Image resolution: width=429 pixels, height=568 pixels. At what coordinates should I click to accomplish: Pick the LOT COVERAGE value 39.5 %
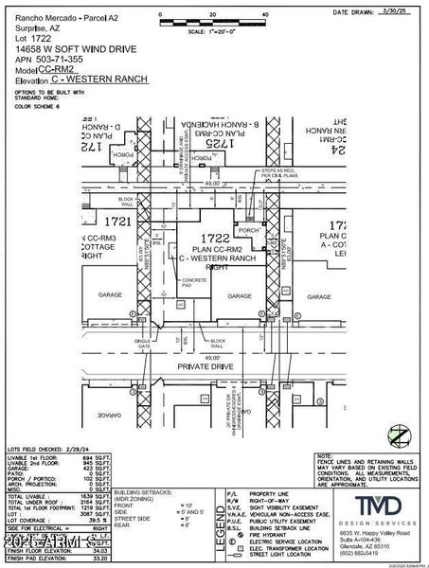pyautogui.click(x=92, y=518)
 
